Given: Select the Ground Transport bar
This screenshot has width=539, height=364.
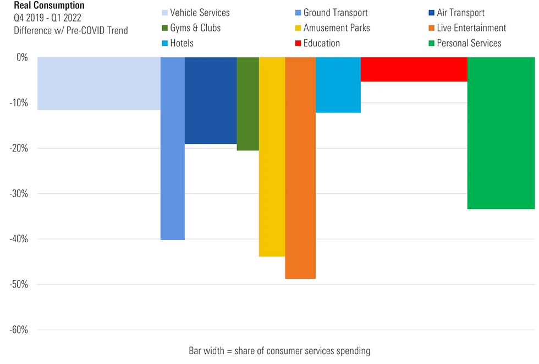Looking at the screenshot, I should (x=173, y=149).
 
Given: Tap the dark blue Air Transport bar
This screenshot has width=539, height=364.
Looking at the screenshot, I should (x=211, y=101).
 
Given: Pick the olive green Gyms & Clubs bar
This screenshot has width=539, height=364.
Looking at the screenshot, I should (x=248, y=104).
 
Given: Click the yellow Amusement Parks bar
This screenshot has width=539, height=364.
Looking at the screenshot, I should (x=272, y=157).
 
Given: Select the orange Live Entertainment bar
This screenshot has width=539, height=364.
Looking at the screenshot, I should (x=300, y=168).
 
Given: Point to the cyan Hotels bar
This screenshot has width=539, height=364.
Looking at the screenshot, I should (x=338, y=85).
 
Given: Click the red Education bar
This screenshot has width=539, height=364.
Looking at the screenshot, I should (x=414, y=69).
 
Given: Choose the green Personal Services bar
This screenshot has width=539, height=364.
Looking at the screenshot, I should (x=501, y=133).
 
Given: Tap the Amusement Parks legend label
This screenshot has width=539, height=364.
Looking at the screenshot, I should (x=337, y=28).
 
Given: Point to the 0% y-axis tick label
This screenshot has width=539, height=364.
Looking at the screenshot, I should (x=21, y=57).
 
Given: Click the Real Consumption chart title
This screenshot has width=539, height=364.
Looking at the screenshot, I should (x=49, y=6).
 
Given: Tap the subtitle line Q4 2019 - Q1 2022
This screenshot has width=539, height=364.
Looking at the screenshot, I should (x=47, y=18).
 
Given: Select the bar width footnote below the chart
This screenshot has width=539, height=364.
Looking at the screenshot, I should (x=279, y=350).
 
